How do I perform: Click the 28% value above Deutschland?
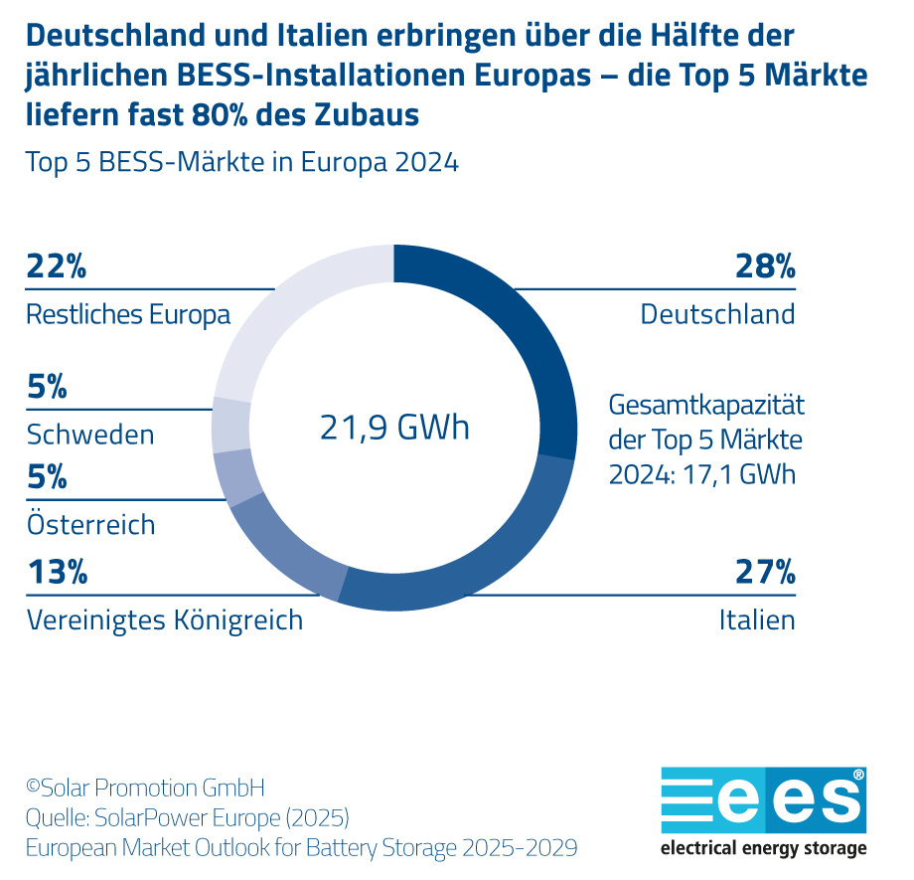pyautogui.click(x=764, y=267)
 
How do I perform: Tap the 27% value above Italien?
pyautogui.click(x=765, y=573)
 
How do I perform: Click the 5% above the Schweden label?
pyautogui.click(x=47, y=388)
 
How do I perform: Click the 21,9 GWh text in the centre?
pyautogui.click(x=393, y=428)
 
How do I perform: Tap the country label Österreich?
pyautogui.click(x=90, y=524)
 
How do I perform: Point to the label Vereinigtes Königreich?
pyautogui.click(x=164, y=621)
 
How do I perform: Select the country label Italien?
pyautogui.click(x=757, y=621)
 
